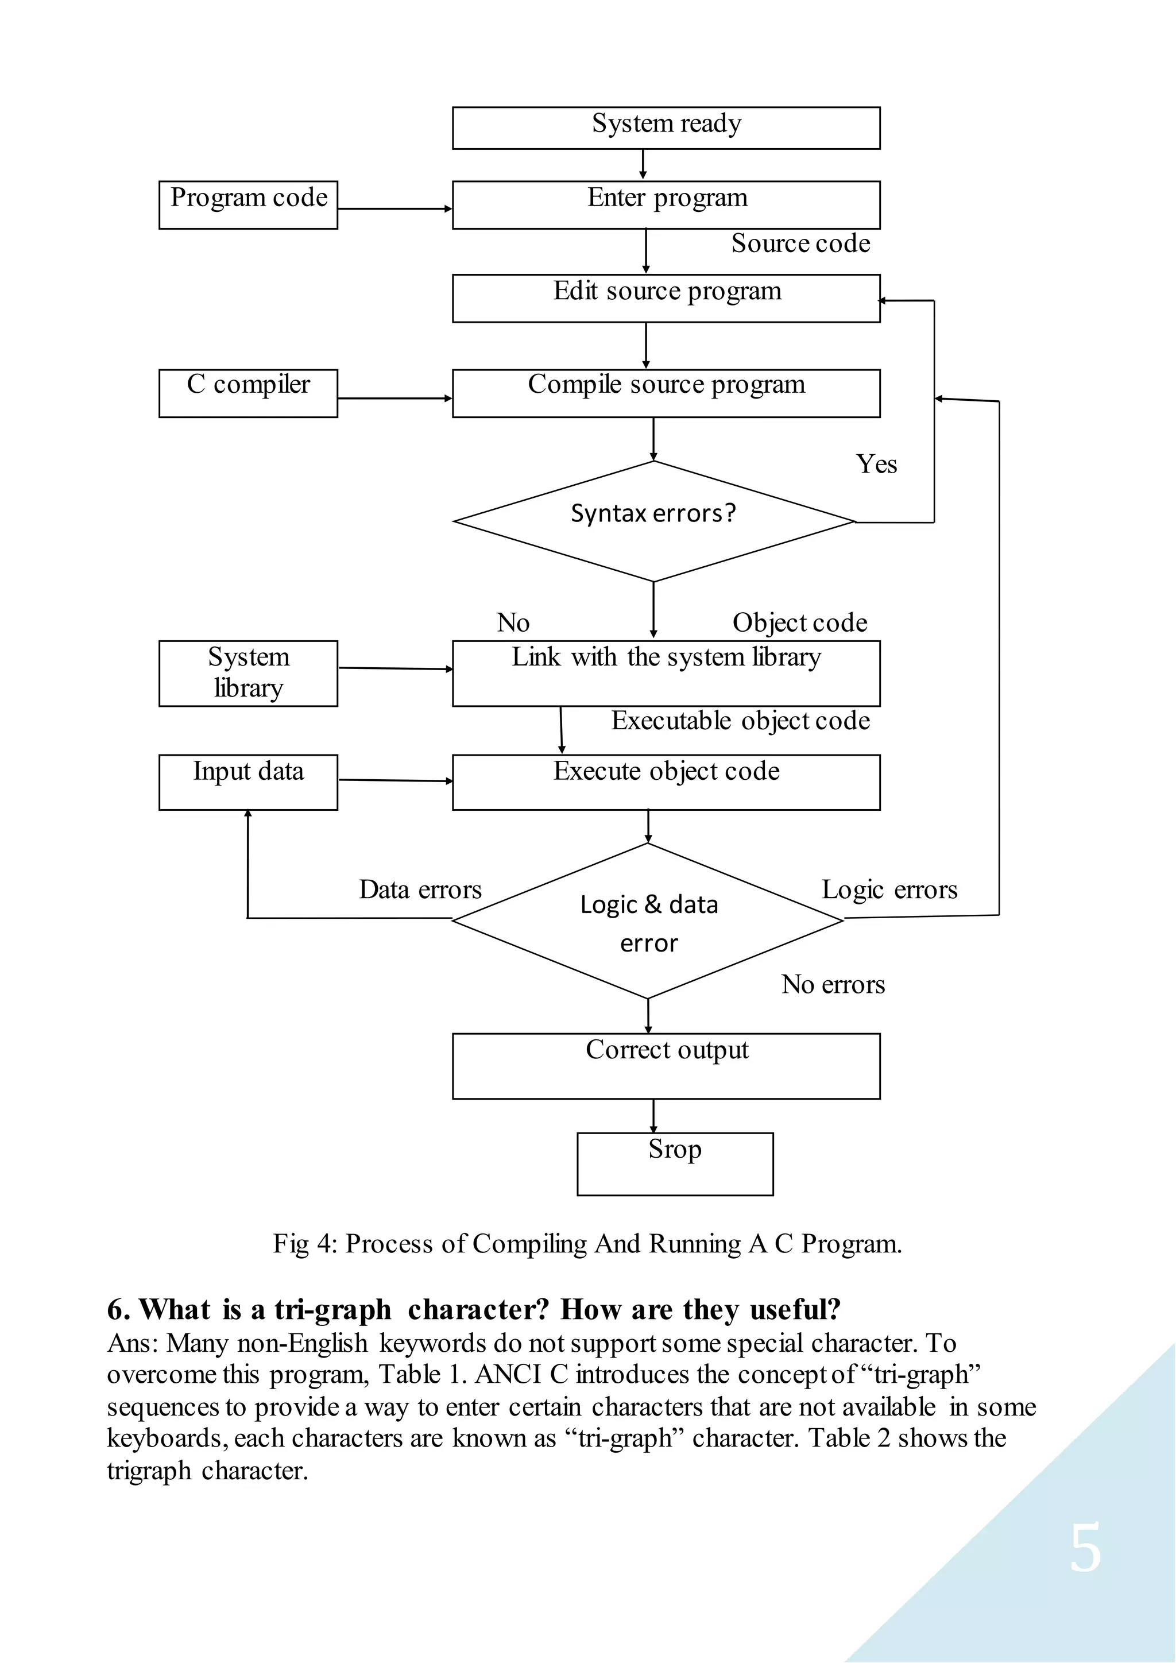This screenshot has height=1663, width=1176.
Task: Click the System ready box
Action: coord(666,128)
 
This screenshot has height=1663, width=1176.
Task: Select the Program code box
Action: coord(249,205)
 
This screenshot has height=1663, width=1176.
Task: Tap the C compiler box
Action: coord(249,393)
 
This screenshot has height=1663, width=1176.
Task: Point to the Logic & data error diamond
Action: coord(648,921)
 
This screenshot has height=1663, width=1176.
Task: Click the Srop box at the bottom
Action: coord(675,1163)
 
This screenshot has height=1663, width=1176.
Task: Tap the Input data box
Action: coord(249,782)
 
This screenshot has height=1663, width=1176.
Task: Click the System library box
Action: coord(249,673)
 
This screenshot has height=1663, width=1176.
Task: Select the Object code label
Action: coord(799,623)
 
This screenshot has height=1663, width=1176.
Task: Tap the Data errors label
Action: coord(420,889)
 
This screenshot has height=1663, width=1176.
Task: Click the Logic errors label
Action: coord(889,889)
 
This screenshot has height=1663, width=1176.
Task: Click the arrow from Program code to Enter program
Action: coord(394,208)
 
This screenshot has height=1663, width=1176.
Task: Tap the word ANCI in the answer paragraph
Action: coord(508,1374)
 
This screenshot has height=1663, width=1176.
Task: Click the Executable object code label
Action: coord(740,721)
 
